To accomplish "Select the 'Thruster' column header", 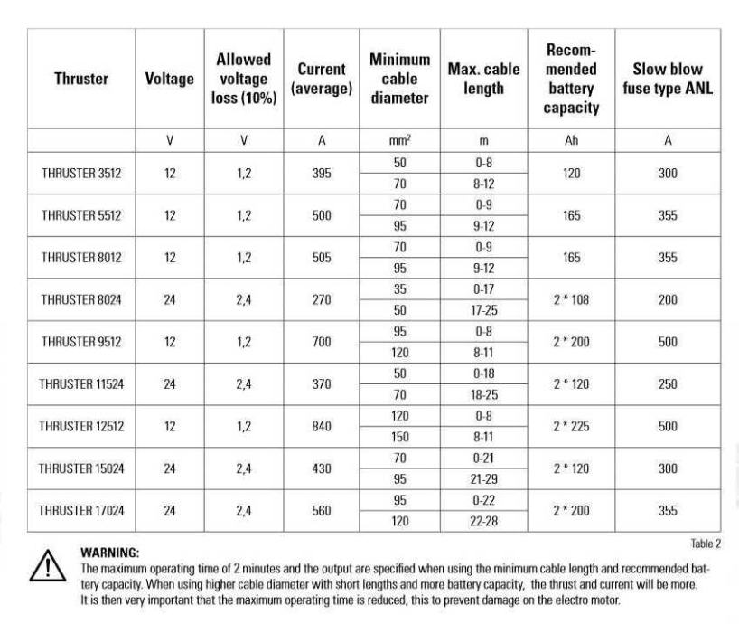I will [81, 79].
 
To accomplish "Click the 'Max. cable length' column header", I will [483, 79].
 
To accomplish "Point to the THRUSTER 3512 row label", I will [81, 174].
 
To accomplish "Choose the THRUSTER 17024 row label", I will [81, 511].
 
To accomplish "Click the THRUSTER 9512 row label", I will [81, 342].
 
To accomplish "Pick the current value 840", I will [322, 427].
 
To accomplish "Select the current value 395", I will [322, 174].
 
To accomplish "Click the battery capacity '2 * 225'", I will [571, 427].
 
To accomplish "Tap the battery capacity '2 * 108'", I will [571, 300].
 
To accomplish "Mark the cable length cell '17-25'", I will [483, 310].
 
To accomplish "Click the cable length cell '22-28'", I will [483, 522].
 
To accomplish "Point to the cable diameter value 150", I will [399, 437].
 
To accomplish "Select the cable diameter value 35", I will [399, 289].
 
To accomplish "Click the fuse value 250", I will [668, 384].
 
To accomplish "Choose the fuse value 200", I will [668, 300].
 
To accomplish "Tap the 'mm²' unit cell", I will [399, 141].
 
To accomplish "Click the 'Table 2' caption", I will [706, 544].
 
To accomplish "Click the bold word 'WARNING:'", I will [109, 552].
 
